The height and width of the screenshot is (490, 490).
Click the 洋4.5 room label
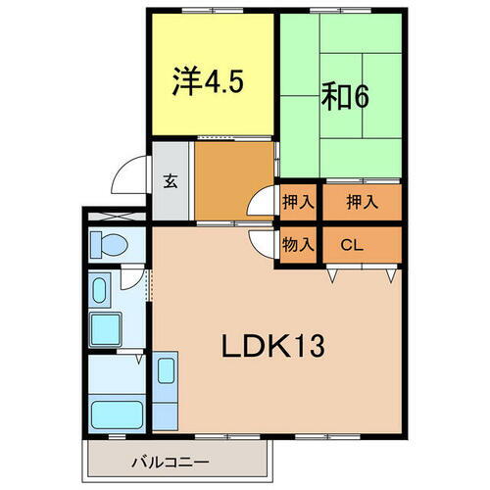tap(209, 78)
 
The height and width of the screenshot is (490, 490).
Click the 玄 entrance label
tap(170, 180)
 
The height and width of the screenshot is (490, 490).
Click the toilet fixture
tap(104, 243)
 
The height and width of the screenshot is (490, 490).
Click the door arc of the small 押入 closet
tap(261, 203)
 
